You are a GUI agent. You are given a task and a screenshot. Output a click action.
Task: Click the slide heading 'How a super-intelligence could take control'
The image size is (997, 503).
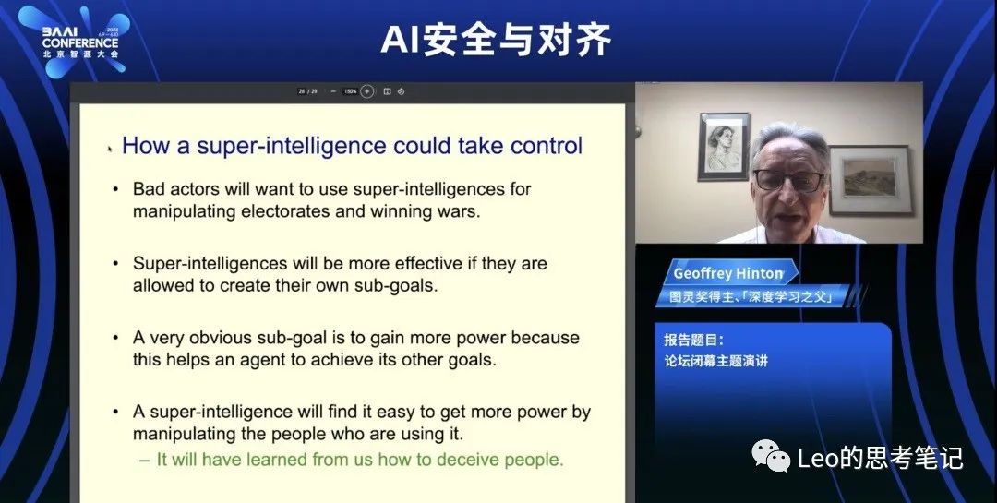point(352,146)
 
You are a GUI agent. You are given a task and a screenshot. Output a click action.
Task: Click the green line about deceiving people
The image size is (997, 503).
point(352,459)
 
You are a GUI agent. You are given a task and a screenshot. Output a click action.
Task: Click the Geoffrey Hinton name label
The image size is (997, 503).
point(728,273)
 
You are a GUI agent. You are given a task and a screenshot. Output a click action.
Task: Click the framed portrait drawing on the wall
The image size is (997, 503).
point(724,147)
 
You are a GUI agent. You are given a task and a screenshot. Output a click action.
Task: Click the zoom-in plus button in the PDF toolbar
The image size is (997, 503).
point(366,91)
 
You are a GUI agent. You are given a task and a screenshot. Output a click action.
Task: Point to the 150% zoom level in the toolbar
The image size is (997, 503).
point(350,91)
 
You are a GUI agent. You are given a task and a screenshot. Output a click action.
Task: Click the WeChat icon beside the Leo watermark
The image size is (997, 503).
point(771,457)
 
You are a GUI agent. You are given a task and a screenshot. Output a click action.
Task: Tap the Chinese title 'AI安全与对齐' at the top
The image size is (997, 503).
point(496,40)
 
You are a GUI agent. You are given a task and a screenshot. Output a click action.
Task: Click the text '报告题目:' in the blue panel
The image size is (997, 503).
point(693,341)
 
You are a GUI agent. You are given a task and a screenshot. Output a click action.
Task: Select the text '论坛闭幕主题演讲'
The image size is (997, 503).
point(716,361)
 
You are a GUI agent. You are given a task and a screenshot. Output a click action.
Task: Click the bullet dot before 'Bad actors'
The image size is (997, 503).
point(115,189)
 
